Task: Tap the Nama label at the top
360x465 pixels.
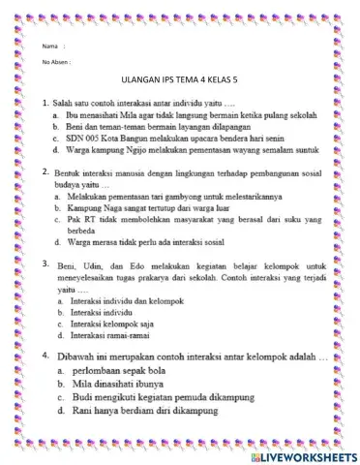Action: [x=51, y=46]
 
